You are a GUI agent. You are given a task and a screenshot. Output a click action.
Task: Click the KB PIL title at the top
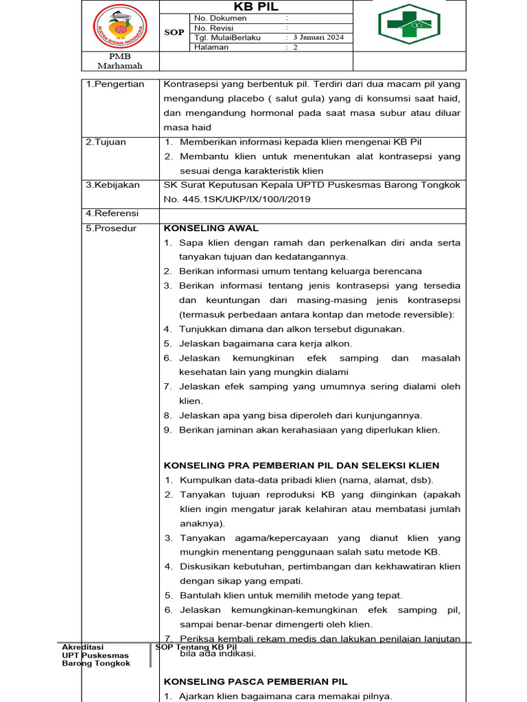(x=257, y=6)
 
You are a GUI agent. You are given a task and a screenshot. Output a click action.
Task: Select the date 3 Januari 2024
(x=318, y=38)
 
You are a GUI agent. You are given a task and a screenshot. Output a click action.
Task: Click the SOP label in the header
(x=174, y=32)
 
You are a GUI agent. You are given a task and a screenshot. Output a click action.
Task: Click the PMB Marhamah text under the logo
(x=120, y=61)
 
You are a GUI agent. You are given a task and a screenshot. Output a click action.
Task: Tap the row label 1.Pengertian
(x=115, y=84)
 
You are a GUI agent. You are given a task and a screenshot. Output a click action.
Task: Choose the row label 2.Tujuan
(x=106, y=142)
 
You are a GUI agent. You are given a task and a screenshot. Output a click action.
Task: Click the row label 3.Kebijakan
(x=113, y=185)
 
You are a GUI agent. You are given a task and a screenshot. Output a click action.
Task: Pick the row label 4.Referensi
(x=112, y=214)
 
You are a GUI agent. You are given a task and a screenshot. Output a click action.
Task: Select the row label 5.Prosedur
(x=110, y=228)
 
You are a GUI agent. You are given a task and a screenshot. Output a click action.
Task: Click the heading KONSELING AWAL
(x=211, y=228)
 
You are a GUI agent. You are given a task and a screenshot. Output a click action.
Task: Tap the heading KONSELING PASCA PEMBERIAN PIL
(x=256, y=681)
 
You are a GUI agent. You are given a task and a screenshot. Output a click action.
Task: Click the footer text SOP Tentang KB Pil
(x=196, y=647)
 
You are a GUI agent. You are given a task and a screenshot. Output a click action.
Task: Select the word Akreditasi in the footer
(x=82, y=647)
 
